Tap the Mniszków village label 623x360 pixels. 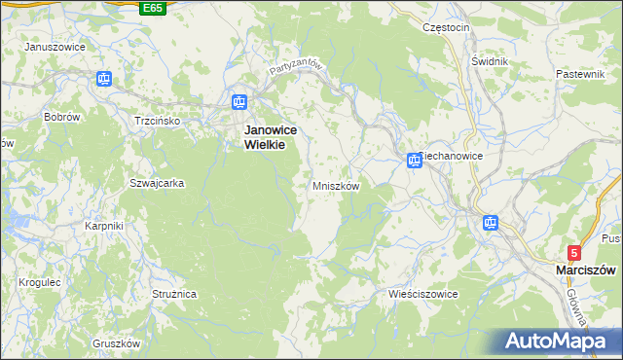tap(337, 186)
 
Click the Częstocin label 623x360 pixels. tap(447, 27)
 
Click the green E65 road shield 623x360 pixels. tap(152, 8)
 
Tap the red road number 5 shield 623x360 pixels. tap(574, 251)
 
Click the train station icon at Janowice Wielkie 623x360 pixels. tap(239, 101)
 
